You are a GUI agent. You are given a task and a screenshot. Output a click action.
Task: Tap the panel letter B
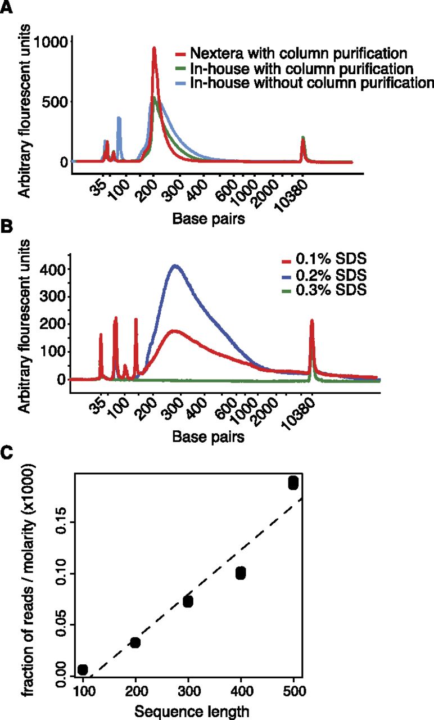6,226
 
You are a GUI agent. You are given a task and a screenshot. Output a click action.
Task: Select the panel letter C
6,453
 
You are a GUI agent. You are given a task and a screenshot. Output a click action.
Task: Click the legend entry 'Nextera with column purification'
291,53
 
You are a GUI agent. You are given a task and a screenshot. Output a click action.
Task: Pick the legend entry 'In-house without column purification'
305,83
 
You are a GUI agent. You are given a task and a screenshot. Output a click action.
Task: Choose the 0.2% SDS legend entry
324,275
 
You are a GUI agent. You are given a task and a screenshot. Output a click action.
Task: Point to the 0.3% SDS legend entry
324,290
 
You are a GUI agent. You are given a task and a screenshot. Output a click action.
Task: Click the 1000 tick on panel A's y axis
51,42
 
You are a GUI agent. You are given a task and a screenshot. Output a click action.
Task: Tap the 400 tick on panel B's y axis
53,269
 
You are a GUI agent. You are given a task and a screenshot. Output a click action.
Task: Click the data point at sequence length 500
293,483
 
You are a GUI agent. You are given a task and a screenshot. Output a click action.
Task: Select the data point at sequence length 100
83,669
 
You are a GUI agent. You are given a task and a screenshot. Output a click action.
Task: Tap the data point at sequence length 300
188,601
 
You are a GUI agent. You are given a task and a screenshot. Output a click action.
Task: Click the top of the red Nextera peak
154,48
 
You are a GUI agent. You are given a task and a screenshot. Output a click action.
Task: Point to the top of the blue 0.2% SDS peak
175,265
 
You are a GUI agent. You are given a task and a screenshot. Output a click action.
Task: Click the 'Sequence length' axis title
192,712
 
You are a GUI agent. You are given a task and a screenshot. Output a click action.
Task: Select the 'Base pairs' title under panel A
209,219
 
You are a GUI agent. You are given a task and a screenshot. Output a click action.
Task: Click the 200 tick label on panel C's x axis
136,691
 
